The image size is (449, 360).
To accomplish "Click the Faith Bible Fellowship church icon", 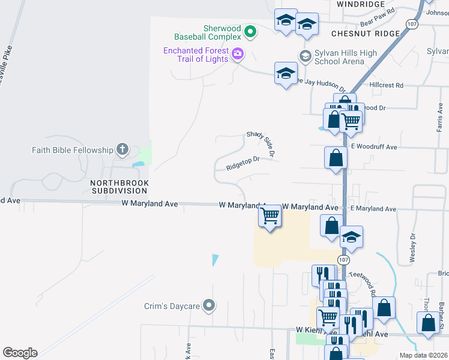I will (122, 149).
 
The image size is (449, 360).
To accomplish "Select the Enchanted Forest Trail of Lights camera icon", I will (238, 55).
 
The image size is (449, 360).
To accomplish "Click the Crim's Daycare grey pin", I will (209, 306).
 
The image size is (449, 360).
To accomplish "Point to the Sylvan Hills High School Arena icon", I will (305, 56).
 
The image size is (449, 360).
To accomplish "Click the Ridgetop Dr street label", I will (243, 163).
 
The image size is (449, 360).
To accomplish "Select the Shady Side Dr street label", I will (261, 145).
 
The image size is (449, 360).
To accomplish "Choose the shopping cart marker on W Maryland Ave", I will (270, 215).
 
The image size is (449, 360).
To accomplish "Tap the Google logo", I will (20, 353).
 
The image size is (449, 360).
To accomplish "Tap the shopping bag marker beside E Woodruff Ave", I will (336, 158).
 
